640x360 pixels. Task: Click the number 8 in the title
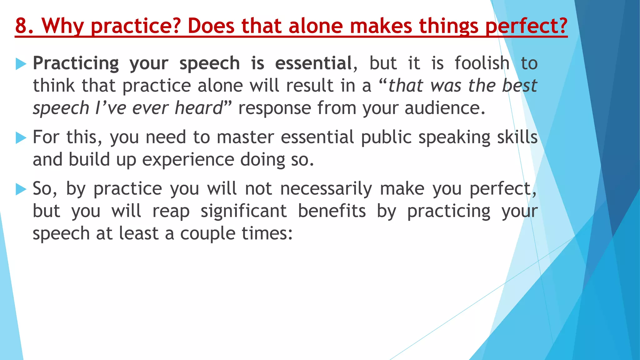click(21, 26)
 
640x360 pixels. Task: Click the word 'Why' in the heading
click(62, 26)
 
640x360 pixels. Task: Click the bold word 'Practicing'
click(76, 64)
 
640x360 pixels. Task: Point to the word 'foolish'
click(482, 63)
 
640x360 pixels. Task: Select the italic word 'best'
click(519, 86)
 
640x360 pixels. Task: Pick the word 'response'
click(274, 108)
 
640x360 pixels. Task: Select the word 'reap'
click(171, 212)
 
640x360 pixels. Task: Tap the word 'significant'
click(244, 212)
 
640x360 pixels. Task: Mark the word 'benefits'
click(332, 212)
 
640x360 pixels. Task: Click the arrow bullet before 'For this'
click(21, 138)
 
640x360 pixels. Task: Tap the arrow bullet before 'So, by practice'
click(21, 189)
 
